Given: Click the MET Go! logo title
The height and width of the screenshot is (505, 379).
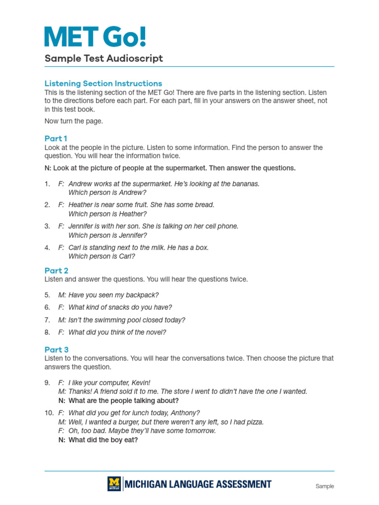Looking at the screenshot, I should coord(95,37).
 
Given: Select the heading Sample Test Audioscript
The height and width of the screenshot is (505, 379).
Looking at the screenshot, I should coord(104,59).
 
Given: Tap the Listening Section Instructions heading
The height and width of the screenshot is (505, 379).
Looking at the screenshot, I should coord(103,83).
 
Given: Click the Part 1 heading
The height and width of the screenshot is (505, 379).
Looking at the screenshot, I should coord(56,139).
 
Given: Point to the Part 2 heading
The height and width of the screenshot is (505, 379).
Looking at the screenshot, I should coord(56,270).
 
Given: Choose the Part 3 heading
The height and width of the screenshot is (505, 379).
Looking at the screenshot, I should coord(56,350).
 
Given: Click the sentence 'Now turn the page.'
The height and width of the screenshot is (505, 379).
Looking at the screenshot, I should coord(74,121).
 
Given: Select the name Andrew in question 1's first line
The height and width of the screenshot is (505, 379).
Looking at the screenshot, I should coord(79,183).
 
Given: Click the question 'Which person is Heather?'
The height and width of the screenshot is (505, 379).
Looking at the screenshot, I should coord(108,214).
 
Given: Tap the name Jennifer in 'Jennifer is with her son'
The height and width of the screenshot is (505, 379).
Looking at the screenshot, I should coord(81,226).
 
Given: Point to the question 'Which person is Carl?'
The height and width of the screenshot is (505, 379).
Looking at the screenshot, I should coord(102,256).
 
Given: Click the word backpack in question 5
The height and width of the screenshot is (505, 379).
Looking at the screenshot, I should coord(143,295).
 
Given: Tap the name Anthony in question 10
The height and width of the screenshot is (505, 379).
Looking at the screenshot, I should coord(187,413).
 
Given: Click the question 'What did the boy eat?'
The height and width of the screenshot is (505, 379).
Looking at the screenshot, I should coord(103,440).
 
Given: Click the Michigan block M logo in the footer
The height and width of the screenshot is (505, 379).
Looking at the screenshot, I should coord(114,484).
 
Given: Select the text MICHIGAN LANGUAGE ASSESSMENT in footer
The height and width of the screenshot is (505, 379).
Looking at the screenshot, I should coord(197,484).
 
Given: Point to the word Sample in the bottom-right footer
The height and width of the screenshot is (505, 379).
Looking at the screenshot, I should coord(325,486).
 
